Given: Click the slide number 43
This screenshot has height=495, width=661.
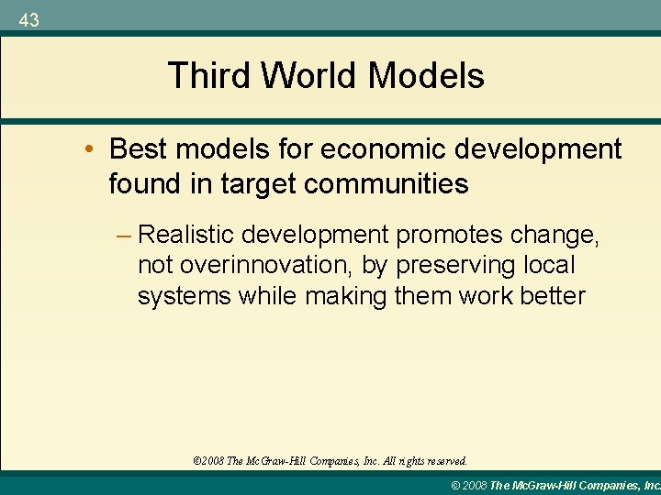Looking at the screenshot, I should click(x=28, y=19).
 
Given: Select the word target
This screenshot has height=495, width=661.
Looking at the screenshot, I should click(x=256, y=184).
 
